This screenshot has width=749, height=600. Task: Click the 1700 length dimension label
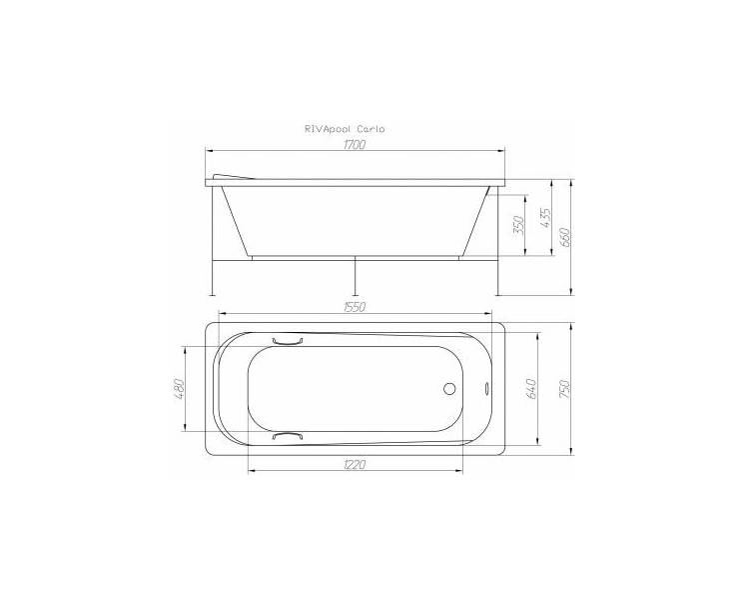pyautogui.click(x=355, y=144)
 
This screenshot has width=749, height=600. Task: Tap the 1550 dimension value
pyautogui.click(x=355, y=307)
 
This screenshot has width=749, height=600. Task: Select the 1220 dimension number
pyautogui.click(x=355, y=464)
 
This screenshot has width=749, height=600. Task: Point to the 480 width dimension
pyautogui.click(x=178, y=389)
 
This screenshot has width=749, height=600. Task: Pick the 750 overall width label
pyautogui.click(x=564, y=389)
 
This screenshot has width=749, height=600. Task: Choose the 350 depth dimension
pyautogui.click(x=518, y=225)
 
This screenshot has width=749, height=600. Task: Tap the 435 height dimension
pyautogui.click(x=545, y=217)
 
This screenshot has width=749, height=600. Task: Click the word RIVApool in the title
pyautogui.click(x=328, y=129)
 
